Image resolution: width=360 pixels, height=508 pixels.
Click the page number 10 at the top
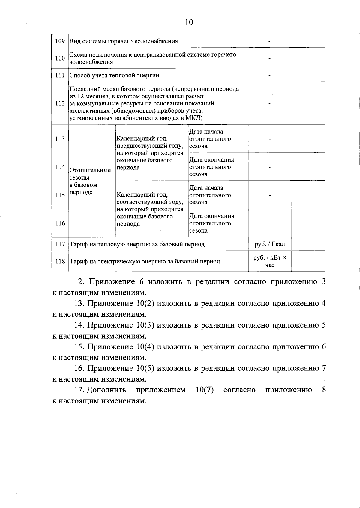coord(189,22)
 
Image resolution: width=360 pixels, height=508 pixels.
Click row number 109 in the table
coord(60,41)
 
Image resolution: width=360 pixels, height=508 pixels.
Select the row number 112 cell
coord(60,103)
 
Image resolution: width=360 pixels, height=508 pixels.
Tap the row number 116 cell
coord(60,223)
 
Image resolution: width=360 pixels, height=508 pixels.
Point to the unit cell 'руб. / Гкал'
coord(269,244)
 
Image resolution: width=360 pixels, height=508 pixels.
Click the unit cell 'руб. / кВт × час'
coord(269,261)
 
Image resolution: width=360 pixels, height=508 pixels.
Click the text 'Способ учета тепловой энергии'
coord(114,75)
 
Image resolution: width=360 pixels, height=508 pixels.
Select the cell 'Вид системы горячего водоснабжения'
coord(124,41)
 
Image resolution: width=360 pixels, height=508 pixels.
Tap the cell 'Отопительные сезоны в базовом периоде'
coord(90,181)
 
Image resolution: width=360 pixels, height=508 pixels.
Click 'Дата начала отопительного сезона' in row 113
coord(210,139)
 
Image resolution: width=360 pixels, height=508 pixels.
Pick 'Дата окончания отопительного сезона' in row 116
coord(211,223)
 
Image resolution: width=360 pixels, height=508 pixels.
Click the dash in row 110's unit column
coord(269,58)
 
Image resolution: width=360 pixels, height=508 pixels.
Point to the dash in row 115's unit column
coord(269,195)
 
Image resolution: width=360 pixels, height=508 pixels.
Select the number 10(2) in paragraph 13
coord(145,303)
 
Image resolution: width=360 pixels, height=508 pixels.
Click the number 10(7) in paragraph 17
coord(204,390)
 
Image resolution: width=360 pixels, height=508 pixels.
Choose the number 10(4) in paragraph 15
coord(145,347)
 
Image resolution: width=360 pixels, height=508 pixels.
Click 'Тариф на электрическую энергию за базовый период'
coord(145,261)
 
